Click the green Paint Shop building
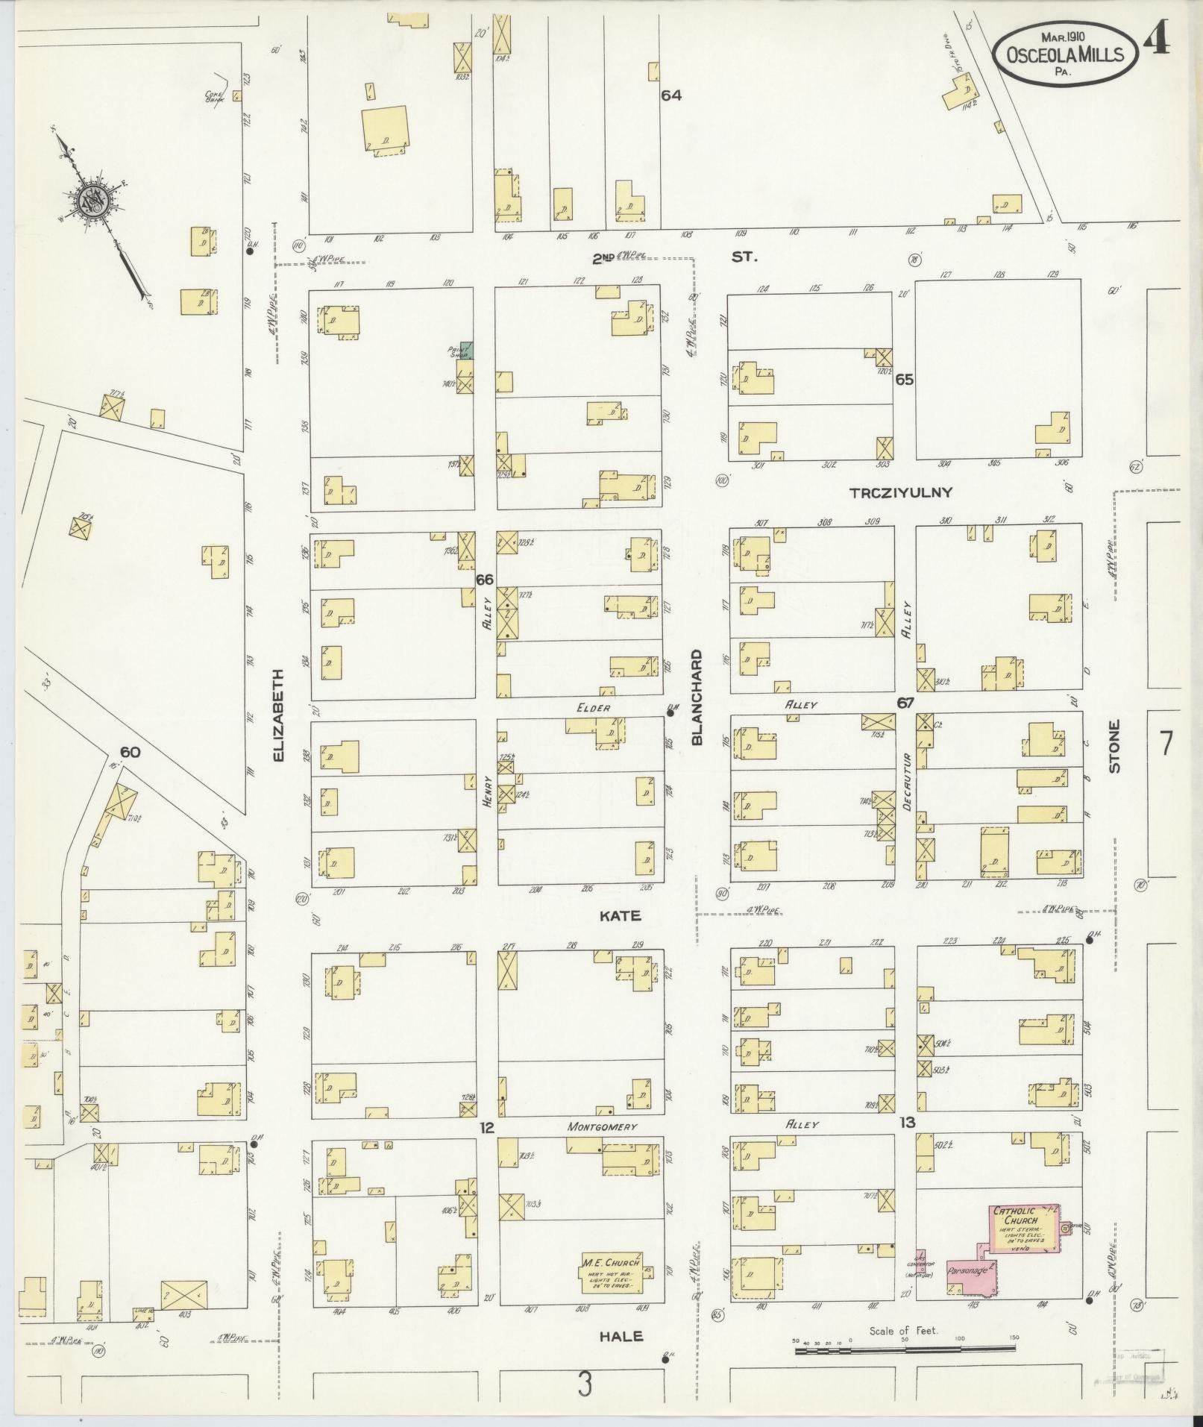[467, 349]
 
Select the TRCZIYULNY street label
[900, 492]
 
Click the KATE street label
[621, 915]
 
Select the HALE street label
[621, 1336]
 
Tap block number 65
[905, 379]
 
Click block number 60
[130, 752]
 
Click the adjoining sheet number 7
[1166, 744]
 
